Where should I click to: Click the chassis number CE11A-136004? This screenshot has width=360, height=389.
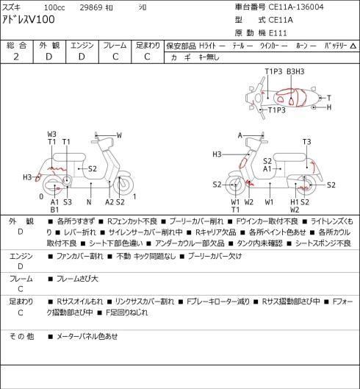pos(296,7)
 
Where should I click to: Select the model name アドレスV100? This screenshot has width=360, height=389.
pos(29,20)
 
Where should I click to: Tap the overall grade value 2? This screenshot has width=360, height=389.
pos(16,57)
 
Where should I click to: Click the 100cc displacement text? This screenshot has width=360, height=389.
pos(54,7)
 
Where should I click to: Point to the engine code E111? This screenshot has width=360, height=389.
pos(278,33)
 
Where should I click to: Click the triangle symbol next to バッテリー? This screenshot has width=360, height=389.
pos(353,46)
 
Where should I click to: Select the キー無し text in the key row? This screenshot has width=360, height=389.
pos(209,57)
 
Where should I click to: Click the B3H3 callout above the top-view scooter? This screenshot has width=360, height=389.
pos(295,71)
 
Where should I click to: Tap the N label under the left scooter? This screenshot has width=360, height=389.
pos(89,202)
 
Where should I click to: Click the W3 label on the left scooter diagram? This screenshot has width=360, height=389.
pos(52,135)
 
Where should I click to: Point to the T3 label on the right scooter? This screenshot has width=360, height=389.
pos(306,142)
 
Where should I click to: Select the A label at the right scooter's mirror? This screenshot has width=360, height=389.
pos(240,135)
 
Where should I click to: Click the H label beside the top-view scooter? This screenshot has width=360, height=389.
pos(329,107)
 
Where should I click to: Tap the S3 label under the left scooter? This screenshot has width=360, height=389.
pos(68,202)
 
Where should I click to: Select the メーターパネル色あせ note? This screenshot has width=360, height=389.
pos(87,336)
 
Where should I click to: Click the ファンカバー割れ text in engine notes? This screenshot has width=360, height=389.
pos(79,256)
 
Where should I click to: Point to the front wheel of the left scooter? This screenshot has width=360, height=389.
pos(123,185)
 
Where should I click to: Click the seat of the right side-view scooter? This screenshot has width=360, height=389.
pos(289,157)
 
